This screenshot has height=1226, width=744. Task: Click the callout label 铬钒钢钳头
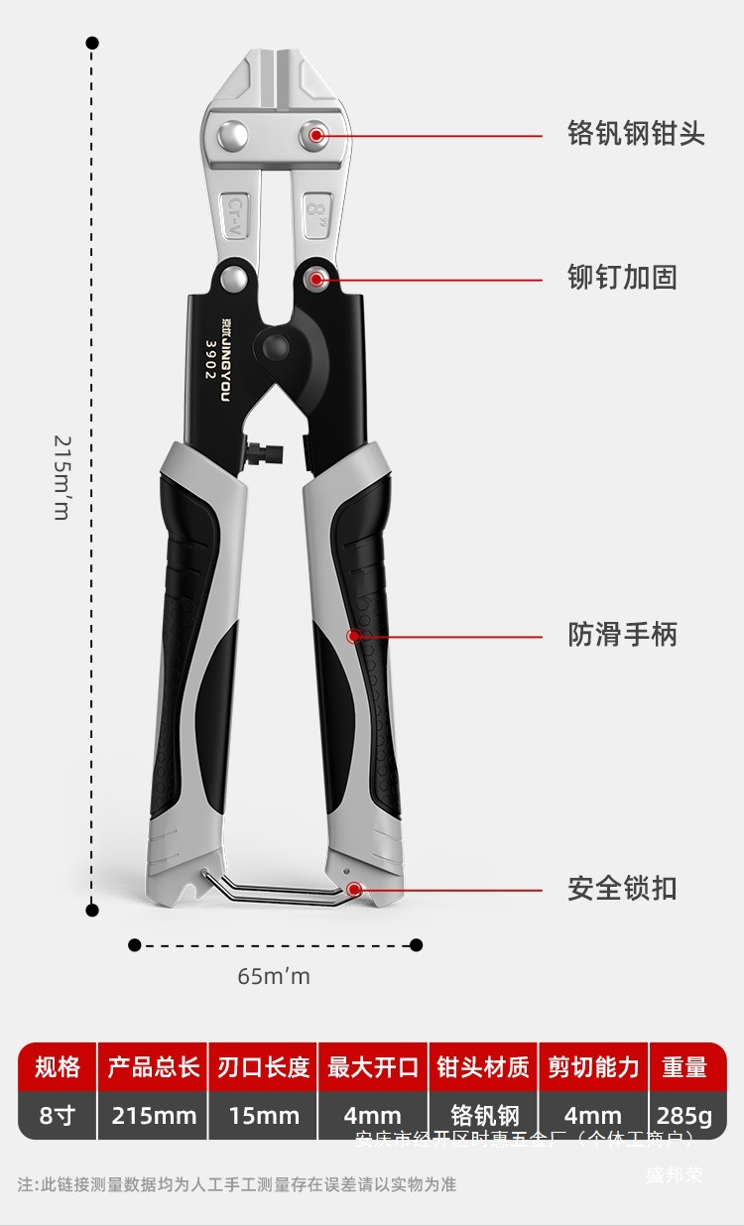pos(636,134)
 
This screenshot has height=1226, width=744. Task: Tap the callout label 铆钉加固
pos(622,278)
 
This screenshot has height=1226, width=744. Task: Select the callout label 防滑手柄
pos(622,634)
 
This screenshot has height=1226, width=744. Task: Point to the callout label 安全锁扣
pos(622,888)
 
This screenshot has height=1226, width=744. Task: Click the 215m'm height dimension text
pos(62,476)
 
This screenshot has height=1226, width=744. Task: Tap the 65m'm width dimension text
pos(274,976)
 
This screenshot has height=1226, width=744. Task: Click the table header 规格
pos(58,1067)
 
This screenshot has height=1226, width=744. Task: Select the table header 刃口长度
pos(264,1067)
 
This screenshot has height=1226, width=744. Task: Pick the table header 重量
pos(684,1067)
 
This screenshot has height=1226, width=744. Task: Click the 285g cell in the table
pos(684,1116)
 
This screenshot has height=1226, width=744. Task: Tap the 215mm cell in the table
pos(154,1116)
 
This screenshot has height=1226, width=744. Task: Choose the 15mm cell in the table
pos(264,1116)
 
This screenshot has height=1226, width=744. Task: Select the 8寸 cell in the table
pos(58,1116)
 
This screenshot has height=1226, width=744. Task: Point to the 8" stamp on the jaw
pos(316,209)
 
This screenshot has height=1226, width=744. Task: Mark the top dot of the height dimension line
pos(92,43)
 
